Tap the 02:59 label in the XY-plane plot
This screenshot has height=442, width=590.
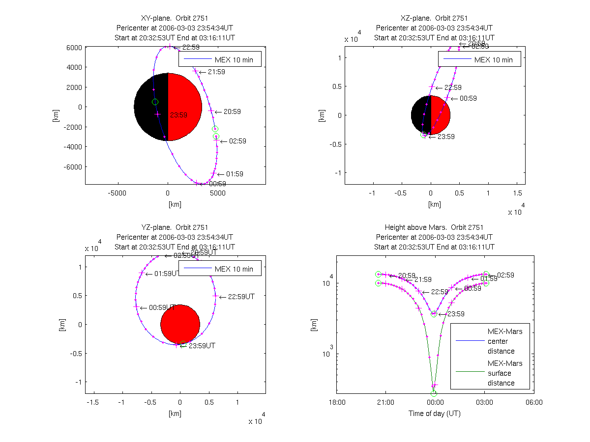coord(237,141)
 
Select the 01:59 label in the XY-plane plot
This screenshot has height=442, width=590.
coord(235,174)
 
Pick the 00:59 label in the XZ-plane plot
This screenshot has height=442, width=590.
coord(468,99)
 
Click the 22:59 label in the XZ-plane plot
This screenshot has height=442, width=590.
coord(453,88)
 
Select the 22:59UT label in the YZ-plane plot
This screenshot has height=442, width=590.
coord(240,297)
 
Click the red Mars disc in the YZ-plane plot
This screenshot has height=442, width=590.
coord(180,324)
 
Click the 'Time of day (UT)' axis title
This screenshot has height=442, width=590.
coord(435,414)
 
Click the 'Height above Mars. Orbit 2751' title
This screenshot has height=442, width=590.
coord(434,227)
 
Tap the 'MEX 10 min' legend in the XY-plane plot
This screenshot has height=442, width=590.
coord(220,60)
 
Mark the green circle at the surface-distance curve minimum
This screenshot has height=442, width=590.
coord(434,393)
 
